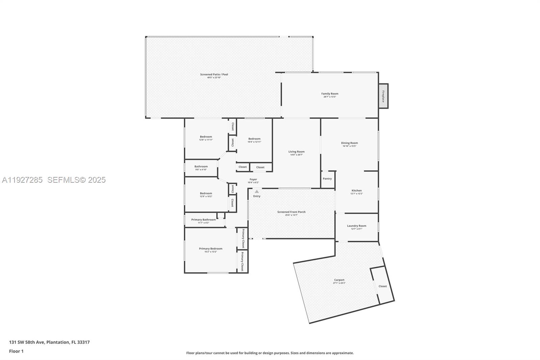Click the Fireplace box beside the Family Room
[x=383, y=96]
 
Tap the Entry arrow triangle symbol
[x=256, y=191]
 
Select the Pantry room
[x=327, y=179]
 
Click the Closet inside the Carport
[x=382, y=286]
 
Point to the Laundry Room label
[x=356, y=226]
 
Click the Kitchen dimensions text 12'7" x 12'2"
[x=356, y=194]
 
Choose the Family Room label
[x=329, y=94]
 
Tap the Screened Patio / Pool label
[x=214, y=74]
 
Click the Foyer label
[x=253, y=180]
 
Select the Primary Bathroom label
[x=203, y=220]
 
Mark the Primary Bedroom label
[x=211, y=249]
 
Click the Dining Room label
[x=349, y=143]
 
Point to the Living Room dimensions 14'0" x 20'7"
[x=296, y=155]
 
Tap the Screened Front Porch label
[x=291, y=212]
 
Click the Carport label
[x=339, y=280]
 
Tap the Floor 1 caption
[x=16, y=351]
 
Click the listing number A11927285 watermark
[x=22, y=180]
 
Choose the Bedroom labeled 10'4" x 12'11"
[x=254, y=139]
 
